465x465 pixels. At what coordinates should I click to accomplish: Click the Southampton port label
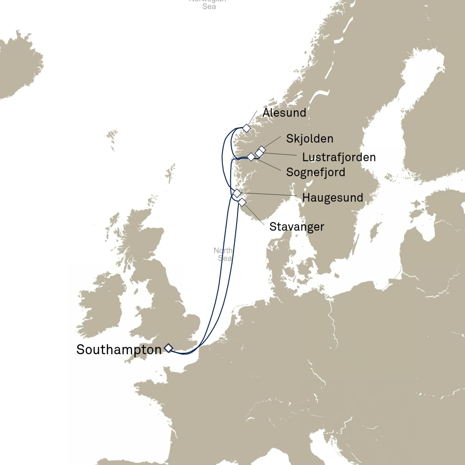pyautogui.click(x=119, y=350)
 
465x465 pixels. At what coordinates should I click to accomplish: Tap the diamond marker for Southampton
pyautogui.click(x=168, y=348)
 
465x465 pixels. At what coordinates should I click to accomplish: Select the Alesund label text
pyautogui.click(x=284, y=113)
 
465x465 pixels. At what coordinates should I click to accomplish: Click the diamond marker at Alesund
pyautogui.click(x=246, y=128)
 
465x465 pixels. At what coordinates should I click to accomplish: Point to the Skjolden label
pyautogui.click(x=310, y=139)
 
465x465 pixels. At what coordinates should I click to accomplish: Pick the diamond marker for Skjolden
pyautogui.click(x=262, y=150)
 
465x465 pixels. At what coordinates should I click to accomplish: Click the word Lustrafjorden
pyautogui.click(x=339, y=158)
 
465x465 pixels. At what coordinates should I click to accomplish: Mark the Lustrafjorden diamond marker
pyautogui.click(x=258, y=153)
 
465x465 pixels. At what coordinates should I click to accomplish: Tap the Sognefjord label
pyautogui.click(x=316, y=173)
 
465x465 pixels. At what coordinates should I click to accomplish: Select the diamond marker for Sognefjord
pyautogui.click(x=251, y=157)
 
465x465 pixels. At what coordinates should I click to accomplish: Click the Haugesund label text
pyautogui.click(x=332, y=198)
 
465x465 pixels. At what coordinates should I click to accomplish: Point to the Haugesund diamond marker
pyautogui.click(x=237, y=193)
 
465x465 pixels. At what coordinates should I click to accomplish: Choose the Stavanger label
pyautogui.click(x=297, y=227)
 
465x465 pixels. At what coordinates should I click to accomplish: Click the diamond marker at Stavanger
pyautogui.click(x=242, y=202)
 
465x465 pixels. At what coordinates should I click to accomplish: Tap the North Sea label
pyautogui.click(x=223, y=254)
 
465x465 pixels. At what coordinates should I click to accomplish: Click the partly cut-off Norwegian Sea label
pyautogui.click(x=208, y=4)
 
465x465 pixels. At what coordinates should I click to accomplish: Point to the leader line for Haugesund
pyautogui.click(x=272, y=195)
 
